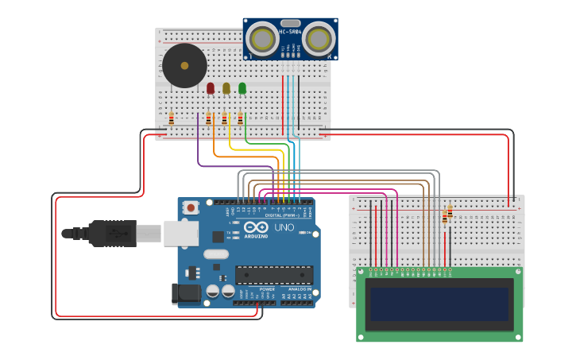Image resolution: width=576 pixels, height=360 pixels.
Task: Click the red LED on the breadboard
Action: tap(211, 88)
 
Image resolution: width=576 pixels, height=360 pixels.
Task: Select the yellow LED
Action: tap(226, 88)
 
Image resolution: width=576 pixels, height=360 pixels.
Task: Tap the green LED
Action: tap(242, 88)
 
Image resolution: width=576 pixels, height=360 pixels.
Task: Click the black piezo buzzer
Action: tap(185, 66)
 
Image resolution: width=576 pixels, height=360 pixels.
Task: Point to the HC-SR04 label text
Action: tap(291, 32)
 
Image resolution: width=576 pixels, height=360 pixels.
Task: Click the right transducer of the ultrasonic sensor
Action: tap(319, 37)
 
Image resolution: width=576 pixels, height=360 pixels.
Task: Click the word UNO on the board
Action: tap(284, 227)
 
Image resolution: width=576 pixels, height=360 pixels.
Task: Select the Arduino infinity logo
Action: tap(257, 228)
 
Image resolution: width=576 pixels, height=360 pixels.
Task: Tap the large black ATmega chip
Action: tap(274, 275)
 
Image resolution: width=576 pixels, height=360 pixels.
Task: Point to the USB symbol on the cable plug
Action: tap(118, 234)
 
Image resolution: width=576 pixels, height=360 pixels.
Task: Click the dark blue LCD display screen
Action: tap(439, 304)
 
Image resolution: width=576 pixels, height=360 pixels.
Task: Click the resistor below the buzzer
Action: tap(171, 118)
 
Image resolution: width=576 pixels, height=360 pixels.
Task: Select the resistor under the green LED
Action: tap(240, 118)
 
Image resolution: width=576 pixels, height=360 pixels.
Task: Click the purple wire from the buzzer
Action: tap(198, 147)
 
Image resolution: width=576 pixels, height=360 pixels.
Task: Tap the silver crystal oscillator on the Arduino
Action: tap(215, 254)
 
